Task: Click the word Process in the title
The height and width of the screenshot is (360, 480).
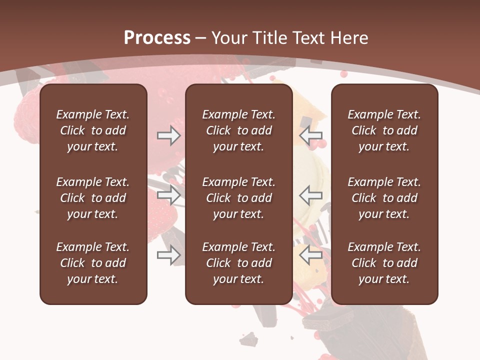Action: pyautogui.click(x=157, y=38)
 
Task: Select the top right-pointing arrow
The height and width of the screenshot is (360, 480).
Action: pyautogui.click(x=168, y=136)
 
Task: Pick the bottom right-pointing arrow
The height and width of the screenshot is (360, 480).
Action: pyautogui.click(x=168, y=255)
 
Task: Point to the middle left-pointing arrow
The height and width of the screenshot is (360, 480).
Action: pyautogui.click(x=311, y=194)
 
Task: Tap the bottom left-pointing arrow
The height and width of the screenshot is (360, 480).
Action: pyautogui.click(x=311, y=255)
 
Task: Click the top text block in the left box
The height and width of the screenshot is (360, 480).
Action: pyautogui.click(x=93, y=130)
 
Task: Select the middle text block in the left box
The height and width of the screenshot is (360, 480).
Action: pyautogui.click(x=93, y=198)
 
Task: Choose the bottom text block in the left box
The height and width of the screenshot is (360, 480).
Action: pyautogui.click(x=93, y=263)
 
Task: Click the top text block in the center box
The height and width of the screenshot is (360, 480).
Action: pyautogui.click(x=238, y=130)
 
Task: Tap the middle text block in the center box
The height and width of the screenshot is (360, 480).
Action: pyautogui.click(x=238, y=198)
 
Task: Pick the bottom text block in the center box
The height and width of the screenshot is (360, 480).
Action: pyautogui.click(x=238, y=263)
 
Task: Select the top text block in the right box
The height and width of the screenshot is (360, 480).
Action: pyautogui.click(x=384, y=130)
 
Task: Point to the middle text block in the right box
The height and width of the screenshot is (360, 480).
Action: pyautogui.click(x=384, y=198)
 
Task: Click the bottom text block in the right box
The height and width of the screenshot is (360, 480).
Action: pyautogui.click(x=384, y=263)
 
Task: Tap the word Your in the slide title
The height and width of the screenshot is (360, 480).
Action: pyautogui.click(x=229, y=38)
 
